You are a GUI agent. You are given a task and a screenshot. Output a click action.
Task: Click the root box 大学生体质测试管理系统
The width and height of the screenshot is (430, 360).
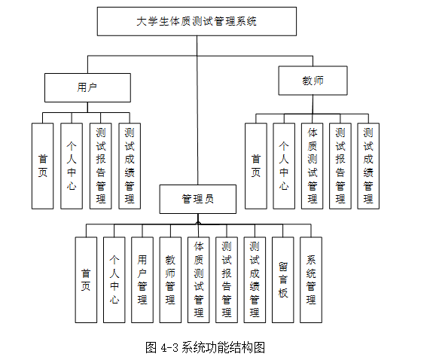click(x=197, y=22)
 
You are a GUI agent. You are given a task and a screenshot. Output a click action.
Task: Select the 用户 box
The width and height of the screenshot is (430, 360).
click(x=87, y=87)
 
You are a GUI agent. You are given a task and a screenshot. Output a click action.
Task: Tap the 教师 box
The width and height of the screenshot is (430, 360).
click(x=313, y=80)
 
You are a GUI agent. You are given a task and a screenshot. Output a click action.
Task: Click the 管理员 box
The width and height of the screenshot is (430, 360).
click(x=198, y=199)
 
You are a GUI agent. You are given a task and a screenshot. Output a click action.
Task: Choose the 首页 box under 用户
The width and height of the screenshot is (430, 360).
click(x=43, y=166)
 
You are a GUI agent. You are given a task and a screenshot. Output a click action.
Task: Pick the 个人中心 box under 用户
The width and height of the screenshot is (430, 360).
click(x=72, y=166)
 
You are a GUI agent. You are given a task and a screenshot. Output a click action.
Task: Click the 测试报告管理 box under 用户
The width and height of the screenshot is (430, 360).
click(x=100, y=166)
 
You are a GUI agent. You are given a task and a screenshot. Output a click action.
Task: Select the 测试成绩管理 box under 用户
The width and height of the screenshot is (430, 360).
click(x=129, y=166)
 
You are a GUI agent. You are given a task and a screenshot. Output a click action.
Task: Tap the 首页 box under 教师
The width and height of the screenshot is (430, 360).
click(x=256, y=166)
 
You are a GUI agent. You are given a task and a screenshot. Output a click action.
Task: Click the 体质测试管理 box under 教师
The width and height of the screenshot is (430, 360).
click(x=312, y=166)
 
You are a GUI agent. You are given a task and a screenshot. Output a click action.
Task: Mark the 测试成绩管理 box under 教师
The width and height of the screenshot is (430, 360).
click(x=367, y=166)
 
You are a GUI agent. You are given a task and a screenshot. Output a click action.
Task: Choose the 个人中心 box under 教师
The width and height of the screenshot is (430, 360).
click(x=284, y=166)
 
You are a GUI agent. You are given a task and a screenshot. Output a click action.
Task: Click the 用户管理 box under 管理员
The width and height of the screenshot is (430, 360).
click(x=142, y=279)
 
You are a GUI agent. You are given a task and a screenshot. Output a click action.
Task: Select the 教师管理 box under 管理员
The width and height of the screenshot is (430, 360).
click(x=170, y=279)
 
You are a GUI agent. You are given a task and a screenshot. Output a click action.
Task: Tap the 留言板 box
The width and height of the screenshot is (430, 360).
click(x=282, y=279)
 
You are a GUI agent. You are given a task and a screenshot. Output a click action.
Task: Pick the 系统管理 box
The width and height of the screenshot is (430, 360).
click(x=310, y=279)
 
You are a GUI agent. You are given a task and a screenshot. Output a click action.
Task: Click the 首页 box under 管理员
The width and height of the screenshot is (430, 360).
click(x=86, y=279)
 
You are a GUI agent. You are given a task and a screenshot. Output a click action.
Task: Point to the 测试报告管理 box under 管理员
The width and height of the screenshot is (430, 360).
click(x=226, y=279)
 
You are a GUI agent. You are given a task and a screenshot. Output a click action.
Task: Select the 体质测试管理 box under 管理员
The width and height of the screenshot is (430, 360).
click(x=198, y=279)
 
